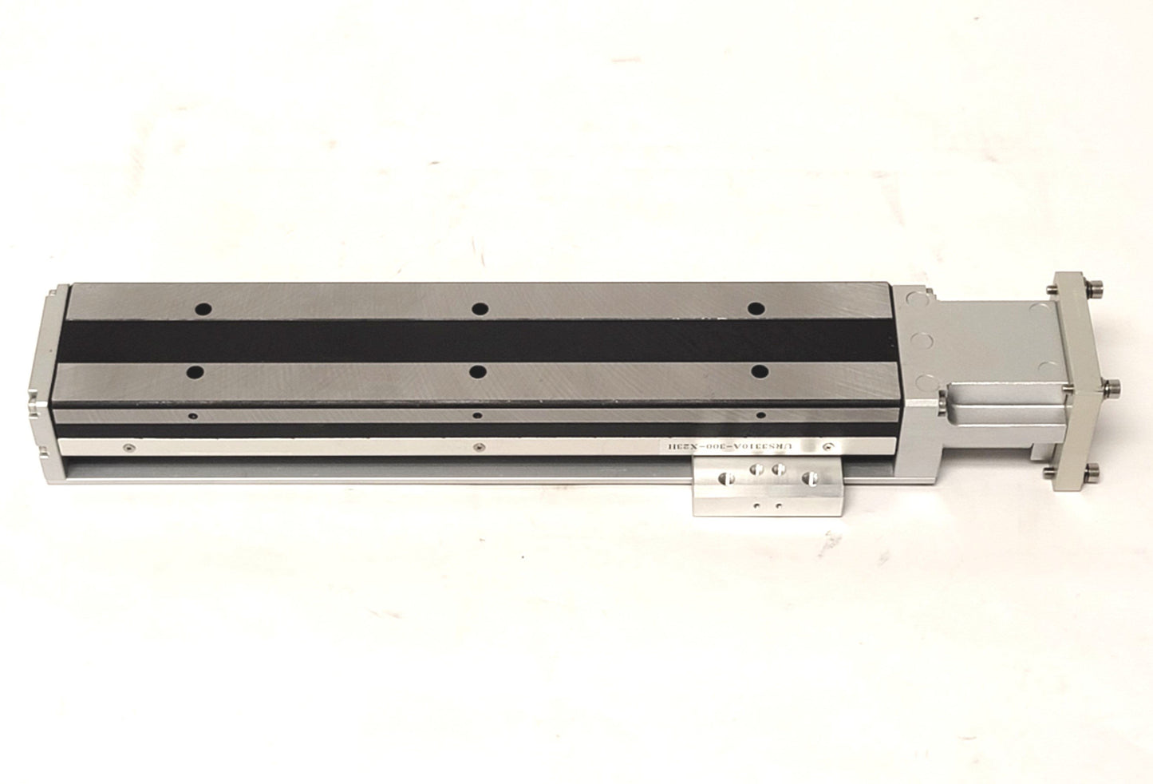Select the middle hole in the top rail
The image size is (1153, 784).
point(480,309)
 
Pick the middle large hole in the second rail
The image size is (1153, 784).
point(478,371)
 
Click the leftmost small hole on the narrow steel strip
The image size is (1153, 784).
point(192,415)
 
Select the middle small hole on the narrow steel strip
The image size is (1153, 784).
point(477,415)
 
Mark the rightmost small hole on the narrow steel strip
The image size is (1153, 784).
point(760,415)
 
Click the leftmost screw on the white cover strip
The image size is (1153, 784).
point(127,449)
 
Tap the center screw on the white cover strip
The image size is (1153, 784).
point(477,449)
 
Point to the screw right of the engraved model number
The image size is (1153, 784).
point(829,448)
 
